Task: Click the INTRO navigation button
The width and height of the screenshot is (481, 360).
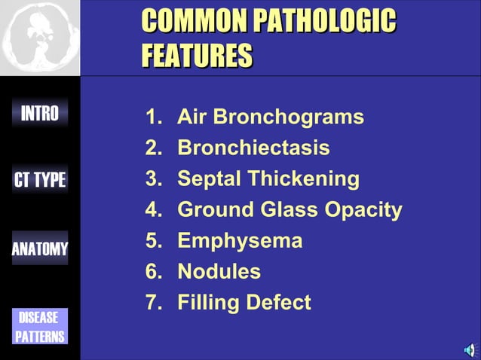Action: pos(40,114)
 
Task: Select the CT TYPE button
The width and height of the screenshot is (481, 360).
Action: pos(40,180)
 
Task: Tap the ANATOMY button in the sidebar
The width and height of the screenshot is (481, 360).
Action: pos(40,249)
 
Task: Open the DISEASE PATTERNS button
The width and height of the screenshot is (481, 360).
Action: pos(40,327)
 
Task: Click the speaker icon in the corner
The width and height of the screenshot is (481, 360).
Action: pos(470,349)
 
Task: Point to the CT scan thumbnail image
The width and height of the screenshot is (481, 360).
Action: pos(39,37)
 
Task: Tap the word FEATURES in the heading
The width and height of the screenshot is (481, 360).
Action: pos(197,56)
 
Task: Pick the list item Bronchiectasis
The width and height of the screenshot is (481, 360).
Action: pos(253,148)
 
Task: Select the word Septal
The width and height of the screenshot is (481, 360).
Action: pos(209,179)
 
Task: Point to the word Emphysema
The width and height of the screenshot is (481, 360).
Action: pos(240,241)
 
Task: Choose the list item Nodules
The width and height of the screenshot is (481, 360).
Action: pos(219,271)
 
